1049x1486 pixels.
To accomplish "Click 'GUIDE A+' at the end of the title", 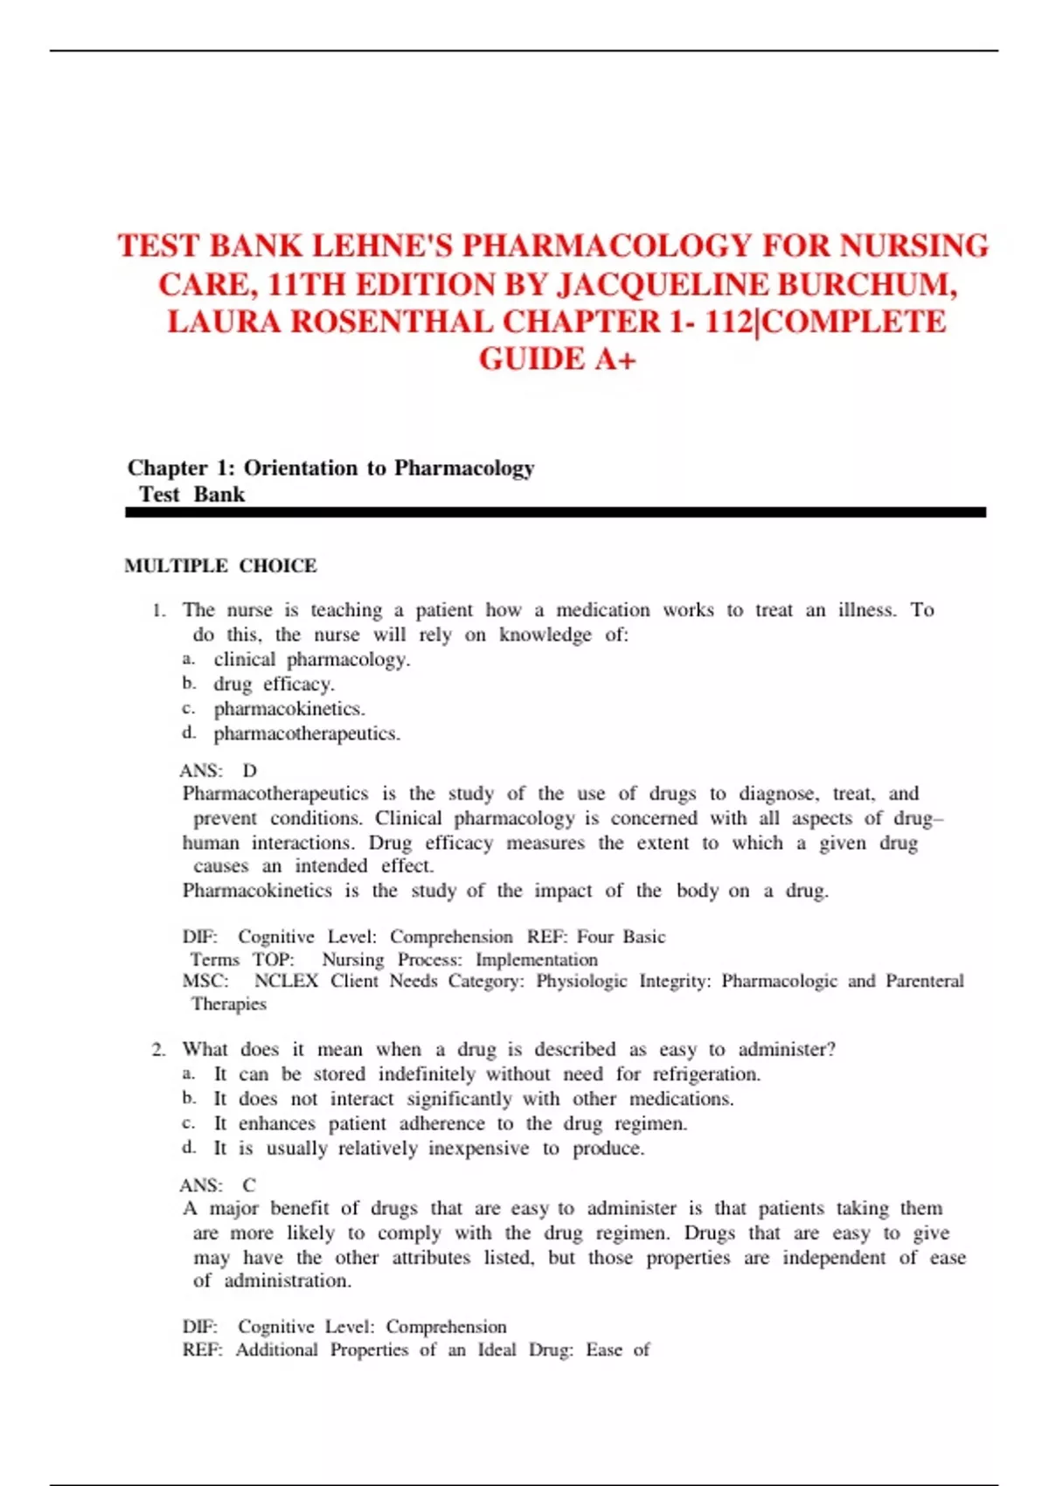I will click(x=557, y=359).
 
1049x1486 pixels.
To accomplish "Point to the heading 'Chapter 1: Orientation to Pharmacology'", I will click(x=330, y=468).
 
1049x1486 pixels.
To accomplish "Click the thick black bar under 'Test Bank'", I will click(x=555, y=513).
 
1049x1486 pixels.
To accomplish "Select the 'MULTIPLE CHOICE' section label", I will click(x=220, y=566).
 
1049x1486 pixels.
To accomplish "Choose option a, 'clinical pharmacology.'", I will click(x=311, y=659).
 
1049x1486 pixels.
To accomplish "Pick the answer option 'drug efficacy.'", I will click(x=274, y=684).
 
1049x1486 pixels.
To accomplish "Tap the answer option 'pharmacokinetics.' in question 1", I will click(x=289, y=708).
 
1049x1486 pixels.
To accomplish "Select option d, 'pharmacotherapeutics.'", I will click(x=307, y=733).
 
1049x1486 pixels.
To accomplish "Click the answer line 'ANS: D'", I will click(x=218, y=770).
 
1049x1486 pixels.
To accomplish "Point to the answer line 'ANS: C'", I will click(x=218, y=1185).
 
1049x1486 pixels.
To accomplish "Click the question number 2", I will click(x=158, y=1049).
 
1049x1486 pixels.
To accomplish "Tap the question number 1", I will click(x=158, y=610).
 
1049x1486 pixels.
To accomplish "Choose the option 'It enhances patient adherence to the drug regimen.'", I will click(x=450, y=1123).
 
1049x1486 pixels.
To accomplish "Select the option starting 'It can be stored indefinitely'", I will click(x=487, y=1073).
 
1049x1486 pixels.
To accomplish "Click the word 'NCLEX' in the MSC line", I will click(x=286, y=981).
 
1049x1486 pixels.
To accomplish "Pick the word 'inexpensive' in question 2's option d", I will click(x=478, y=1148).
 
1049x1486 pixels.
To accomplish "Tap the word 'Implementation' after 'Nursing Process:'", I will click(x=537, y=959).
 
